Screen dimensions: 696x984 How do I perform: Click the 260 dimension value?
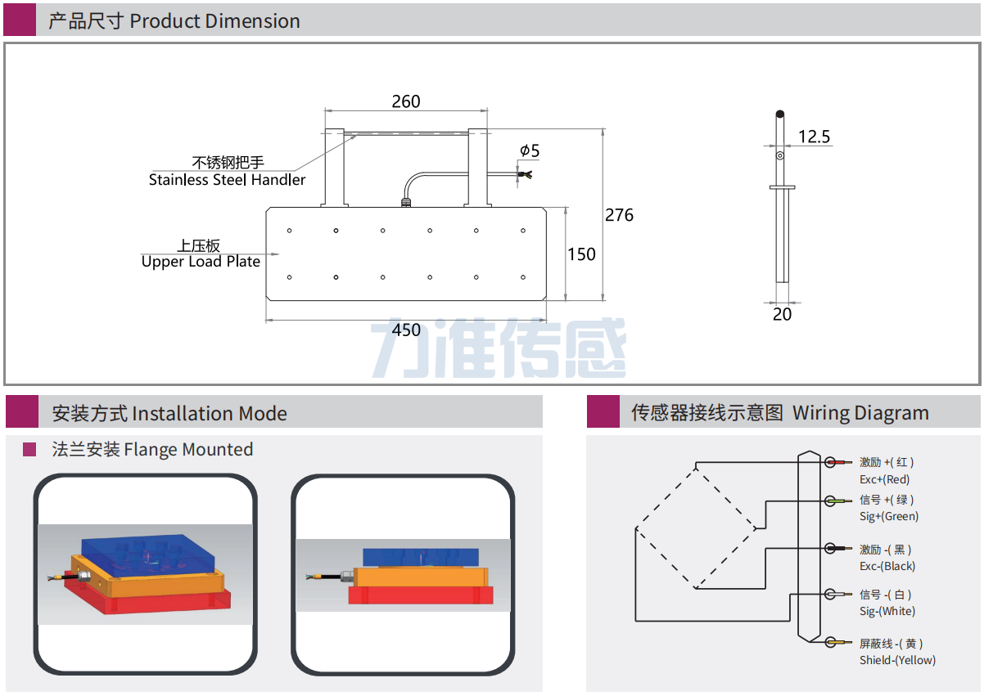click(405, 101)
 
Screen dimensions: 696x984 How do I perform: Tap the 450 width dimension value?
click(406, 330)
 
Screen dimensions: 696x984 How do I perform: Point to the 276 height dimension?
click(619, 215)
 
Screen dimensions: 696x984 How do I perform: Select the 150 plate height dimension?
click(581, 254)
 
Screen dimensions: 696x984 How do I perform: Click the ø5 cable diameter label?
click(530, 150)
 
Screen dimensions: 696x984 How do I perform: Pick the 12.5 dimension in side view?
click(814, 137)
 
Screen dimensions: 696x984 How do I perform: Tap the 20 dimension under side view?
click(782, 314)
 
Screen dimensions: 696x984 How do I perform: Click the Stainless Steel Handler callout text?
click(227, 180)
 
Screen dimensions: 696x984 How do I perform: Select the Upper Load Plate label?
click(201, 262)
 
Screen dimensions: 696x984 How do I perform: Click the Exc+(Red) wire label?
click(884, 479)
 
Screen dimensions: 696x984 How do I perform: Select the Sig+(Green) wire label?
click(888, 516)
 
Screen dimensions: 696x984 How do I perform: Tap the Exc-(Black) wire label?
click(887, 566)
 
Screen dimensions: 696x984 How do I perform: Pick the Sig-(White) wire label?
click(887, 611)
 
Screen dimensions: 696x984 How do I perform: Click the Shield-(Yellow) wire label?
click(896, 660)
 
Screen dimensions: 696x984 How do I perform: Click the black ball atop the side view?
click(780, 114)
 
